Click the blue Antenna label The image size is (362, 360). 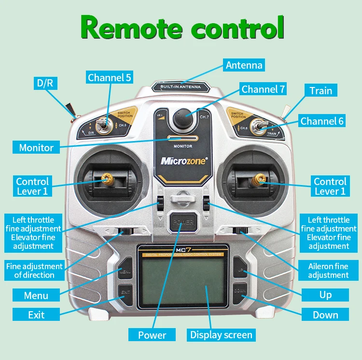244,65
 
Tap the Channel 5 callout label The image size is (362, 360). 109,77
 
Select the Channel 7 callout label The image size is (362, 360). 264,89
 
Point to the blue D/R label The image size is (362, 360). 45,83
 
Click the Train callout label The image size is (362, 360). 321,90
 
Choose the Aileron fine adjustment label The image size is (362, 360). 328,271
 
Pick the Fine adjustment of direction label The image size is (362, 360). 34,271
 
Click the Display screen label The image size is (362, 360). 221,335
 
